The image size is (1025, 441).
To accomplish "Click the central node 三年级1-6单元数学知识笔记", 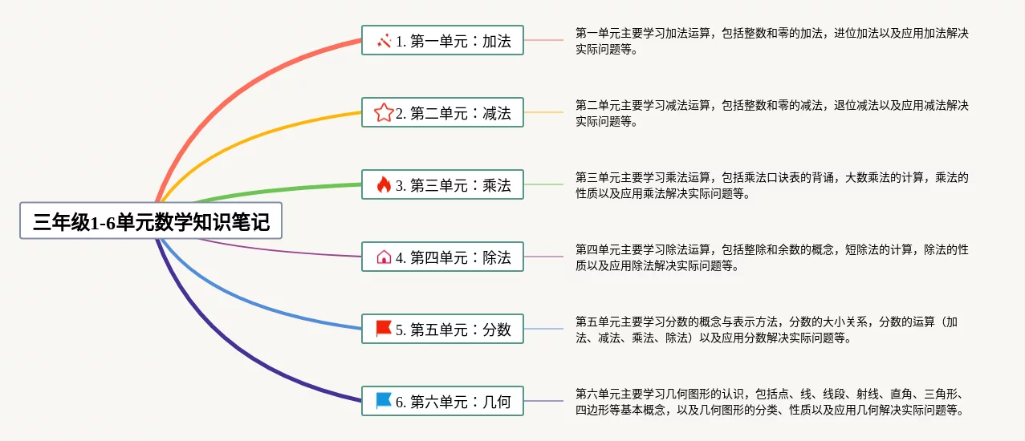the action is (x=151, y=221).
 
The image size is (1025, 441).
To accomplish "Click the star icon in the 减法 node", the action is (x=384, y=112).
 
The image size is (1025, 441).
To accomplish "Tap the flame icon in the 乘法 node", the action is (x=384, y=184).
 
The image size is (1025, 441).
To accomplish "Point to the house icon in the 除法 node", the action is (x=384, y=257).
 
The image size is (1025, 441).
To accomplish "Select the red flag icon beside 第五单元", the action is (x=384, y=329).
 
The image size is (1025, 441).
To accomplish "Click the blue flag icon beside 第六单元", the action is (x=384, y=401).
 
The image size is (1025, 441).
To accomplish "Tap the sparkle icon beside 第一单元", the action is (x=384, y=40).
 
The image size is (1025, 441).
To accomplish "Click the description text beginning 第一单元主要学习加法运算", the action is (x=771, y=41).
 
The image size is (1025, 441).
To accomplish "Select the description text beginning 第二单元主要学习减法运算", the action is (x=771, y=113).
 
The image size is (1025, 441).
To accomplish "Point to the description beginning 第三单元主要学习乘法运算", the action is (x=771, y=185).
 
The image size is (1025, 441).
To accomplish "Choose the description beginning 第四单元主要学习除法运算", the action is (x=771, y=257).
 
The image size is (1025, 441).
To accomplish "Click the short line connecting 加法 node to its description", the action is (x=543, y=40).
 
